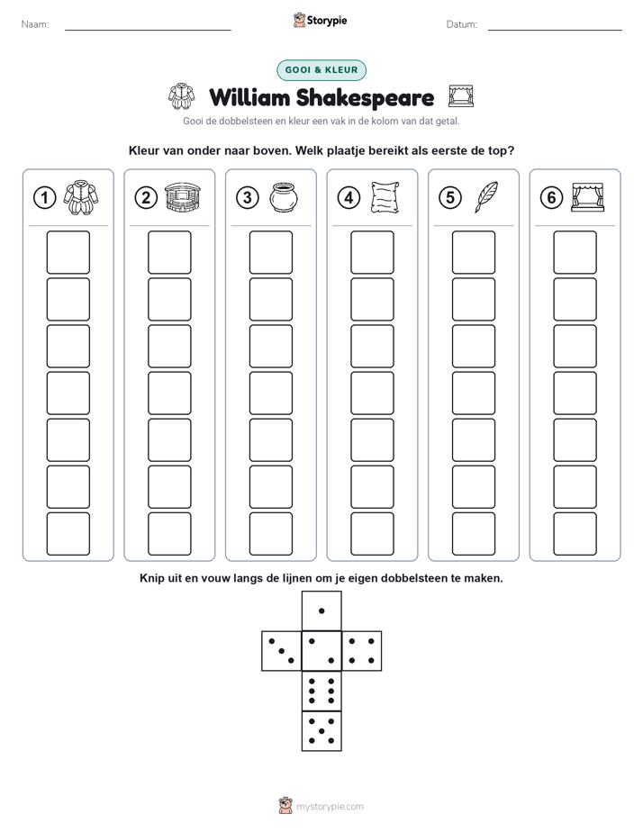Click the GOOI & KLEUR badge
321,70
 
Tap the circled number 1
44,198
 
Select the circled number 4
349,198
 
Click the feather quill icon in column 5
486,197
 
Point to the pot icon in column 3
284,197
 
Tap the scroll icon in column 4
385,197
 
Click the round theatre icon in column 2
183,197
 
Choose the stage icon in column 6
587,197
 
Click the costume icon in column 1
81,197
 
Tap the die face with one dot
321,611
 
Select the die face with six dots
321,691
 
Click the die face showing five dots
321,731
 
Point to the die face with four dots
362,651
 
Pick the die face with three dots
282,651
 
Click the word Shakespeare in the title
365,98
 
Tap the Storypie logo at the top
320,21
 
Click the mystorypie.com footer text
330,807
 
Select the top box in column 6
575,252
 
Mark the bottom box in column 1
68,534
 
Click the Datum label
462,24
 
